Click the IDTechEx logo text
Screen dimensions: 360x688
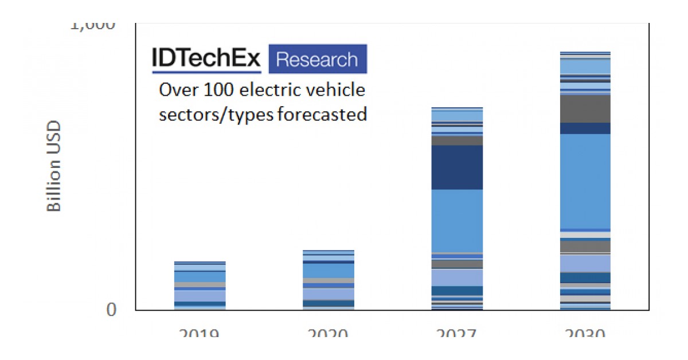(x=206, y=58)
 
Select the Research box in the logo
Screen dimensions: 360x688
(x=317, y=59)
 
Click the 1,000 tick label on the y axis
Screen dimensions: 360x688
(x=92, y=26)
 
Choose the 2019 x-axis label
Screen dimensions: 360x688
(x=200, y=333)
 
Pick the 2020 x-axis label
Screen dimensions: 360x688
(x=329, y=333)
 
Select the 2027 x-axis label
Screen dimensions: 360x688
(x=457, y=333)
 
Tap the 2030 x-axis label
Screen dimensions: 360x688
(x=585, y=333)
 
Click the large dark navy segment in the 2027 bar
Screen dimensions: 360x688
(x=457, y=167)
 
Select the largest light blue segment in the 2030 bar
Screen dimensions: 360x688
(x=585, y=181)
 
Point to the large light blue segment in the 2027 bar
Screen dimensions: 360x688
(x=457, y=220)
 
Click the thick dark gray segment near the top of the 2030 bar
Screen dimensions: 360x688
(x=585, y=108)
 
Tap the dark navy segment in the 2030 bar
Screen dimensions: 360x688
(x=585, y=128)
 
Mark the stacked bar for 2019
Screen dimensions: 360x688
(x=200, y=285)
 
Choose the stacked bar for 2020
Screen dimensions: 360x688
(x=329, y=280)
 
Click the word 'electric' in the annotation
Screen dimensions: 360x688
(x=271, y=91)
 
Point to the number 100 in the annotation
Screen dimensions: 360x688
(x=220, y=91)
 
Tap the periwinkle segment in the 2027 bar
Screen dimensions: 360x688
(x=457, y=277)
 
